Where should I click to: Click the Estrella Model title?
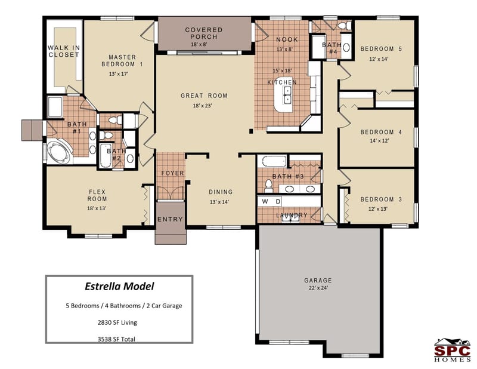click(119, 286)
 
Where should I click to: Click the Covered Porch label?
click(204, 33)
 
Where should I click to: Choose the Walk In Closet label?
click(63, 51)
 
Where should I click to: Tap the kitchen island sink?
click(287, 94)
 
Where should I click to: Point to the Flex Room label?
click(97, 195)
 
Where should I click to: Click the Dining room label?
click(221, 192)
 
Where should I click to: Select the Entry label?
click(170, 219)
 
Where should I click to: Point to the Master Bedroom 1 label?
click(126, 60)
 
